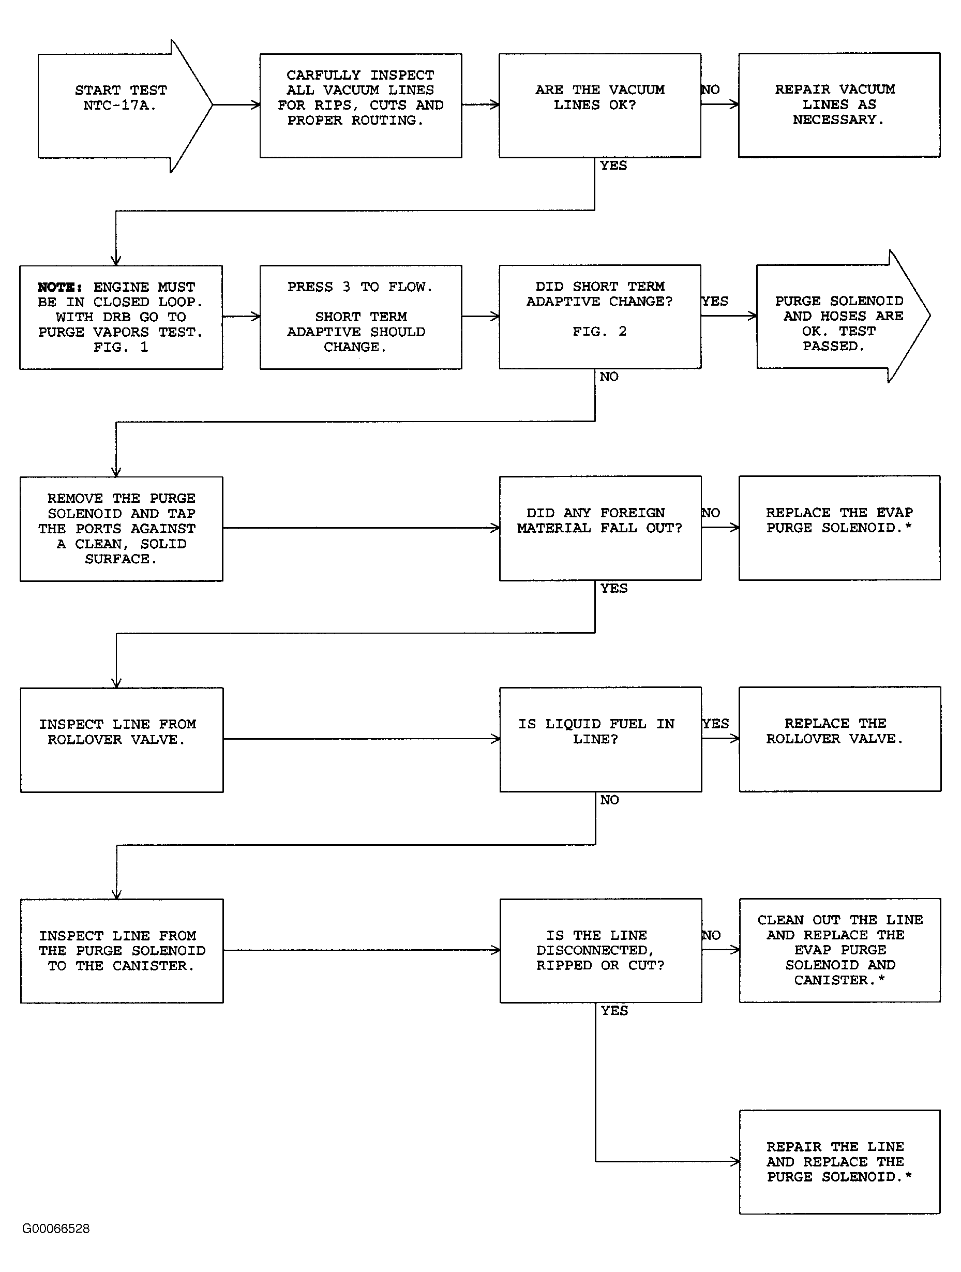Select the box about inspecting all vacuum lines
coord(361,105)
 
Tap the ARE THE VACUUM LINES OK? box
coord(600,105)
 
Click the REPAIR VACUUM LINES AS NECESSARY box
coord(839,104)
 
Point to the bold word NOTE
coord(59,287)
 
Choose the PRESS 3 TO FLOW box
coord(361,317)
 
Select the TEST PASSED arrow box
coord(843,316)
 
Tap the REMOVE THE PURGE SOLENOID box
coord(122,529)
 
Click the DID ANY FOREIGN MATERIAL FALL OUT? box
coord(600,528)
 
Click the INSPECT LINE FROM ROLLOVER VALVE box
coord(122,740)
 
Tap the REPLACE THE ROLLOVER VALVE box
coord(840,739)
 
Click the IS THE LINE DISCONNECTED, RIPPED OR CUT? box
coord(601,951)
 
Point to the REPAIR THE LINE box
coord(840,1162)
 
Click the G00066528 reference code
coord(56,1229)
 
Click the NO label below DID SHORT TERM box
coord(609,377)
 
